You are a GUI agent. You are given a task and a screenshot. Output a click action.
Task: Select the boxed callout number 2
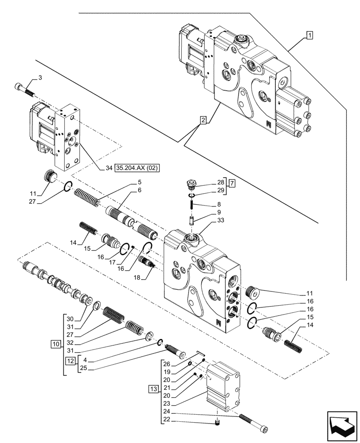pyautogui.click(x=203, y=120)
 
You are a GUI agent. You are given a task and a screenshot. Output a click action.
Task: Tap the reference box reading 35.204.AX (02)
pyautogui.click(x=137, y=168)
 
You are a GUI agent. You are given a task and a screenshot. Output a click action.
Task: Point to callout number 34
pyautogui.click(x=108, y=168)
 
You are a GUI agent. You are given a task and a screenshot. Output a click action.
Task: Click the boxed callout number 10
pyautogui.click(x=55, y=343)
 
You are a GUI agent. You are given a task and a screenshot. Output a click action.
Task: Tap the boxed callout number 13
pyautogui.click(x=153, y=389)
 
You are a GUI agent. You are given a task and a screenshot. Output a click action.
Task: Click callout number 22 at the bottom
pyautogui.click(x=166, y=420)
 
